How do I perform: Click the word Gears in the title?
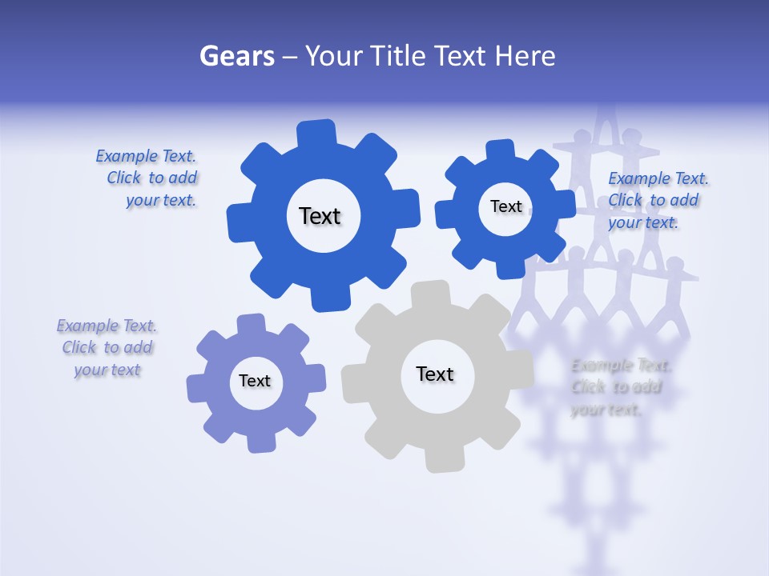coord(236,56)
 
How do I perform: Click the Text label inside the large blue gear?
coord(320,216)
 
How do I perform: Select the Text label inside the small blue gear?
coord(505,206)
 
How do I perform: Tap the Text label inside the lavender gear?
coord(255,381)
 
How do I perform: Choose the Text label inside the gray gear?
coord(435,374)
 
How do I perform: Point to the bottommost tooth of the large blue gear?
coord(329,299)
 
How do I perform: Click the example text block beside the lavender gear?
coord(107,348)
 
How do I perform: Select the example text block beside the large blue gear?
coord(147,178)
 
